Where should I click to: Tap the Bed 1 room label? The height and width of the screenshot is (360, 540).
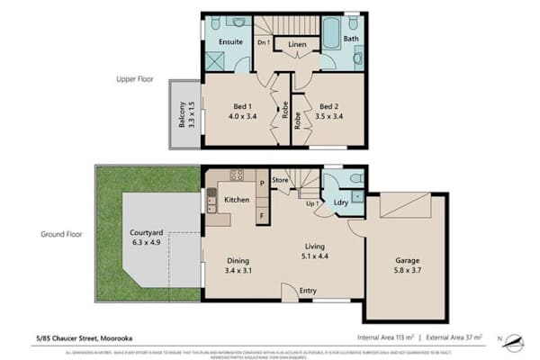(237, 105)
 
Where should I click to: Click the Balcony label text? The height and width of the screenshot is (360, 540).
(183, 114)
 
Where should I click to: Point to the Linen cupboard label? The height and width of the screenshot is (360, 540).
(296, 43)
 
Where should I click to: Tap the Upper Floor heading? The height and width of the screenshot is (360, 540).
(132, 79)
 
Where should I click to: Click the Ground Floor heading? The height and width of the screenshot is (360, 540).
(62, 233)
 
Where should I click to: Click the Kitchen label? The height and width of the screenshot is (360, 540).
(237, 199)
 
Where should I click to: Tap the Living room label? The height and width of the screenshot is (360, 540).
(313, 246)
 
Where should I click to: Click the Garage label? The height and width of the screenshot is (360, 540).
(407, 261)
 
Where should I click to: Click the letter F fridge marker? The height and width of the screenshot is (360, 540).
(262, 216)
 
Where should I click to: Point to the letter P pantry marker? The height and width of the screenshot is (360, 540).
(262, 183)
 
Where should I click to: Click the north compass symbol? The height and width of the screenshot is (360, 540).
(514, 340)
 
